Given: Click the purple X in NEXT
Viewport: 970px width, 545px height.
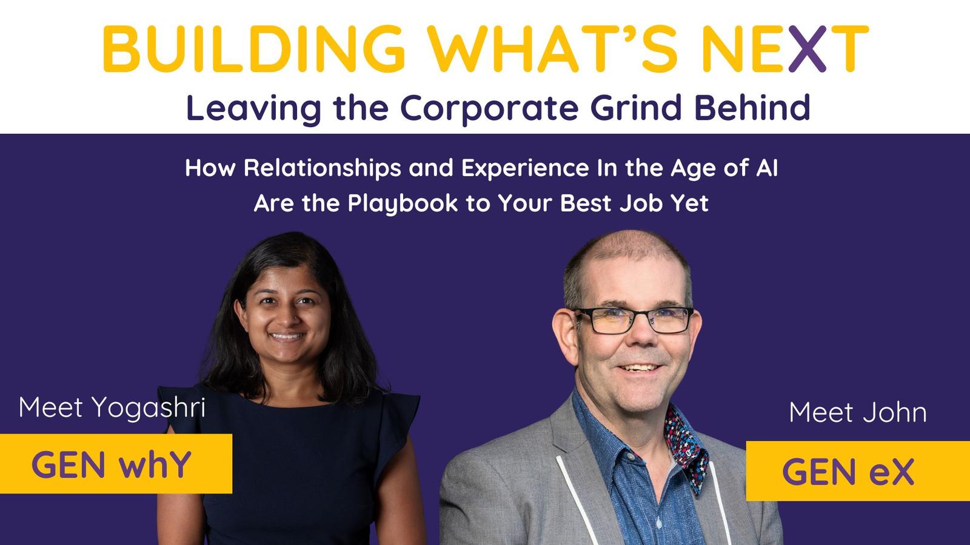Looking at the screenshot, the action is point(807,48).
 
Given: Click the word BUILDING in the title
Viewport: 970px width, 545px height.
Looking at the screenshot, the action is point(254,48).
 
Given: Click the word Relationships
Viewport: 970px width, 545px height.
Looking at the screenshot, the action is point(322,169).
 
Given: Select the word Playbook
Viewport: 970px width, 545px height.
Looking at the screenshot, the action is point(403,203).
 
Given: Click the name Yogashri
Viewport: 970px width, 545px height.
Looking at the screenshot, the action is point(149,408).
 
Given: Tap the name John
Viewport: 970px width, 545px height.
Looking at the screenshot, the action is point(895,412).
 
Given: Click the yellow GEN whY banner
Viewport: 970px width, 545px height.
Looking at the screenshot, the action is point(116,464).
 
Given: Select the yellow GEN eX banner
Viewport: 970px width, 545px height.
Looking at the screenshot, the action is point(858,471).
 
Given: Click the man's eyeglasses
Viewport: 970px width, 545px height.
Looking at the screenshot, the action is point(634,320).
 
